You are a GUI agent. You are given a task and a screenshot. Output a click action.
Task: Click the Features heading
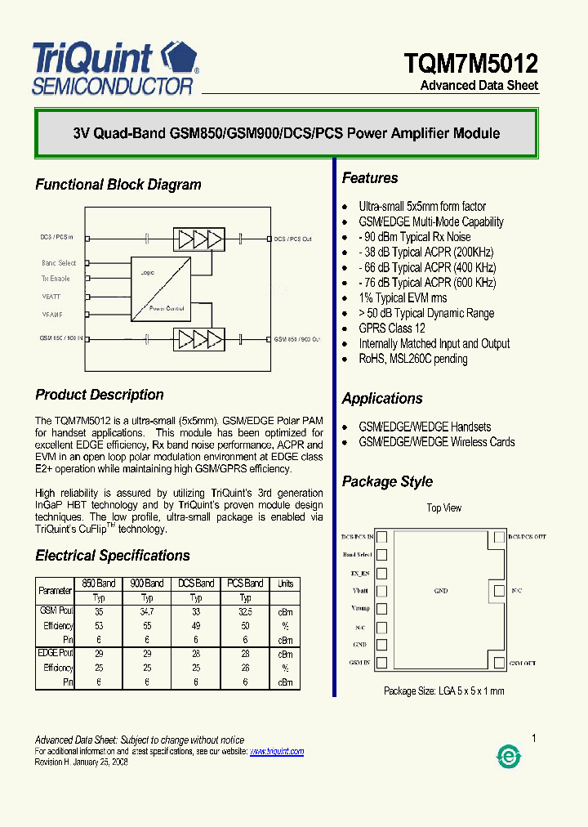(x=370, y=178)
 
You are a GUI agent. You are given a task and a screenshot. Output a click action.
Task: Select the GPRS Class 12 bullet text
(x=392, y=329)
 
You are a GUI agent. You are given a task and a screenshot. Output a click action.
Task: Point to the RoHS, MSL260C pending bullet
(x=413, y=359)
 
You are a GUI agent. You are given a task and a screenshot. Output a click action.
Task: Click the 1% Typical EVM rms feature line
(x=403, y=298)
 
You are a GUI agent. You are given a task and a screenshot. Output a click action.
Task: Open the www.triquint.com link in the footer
(x=277, y=751)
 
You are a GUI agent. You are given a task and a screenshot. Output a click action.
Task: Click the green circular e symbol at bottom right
(x=509, y=758)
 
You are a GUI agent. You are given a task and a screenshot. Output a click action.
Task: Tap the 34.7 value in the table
(x=147, y=611)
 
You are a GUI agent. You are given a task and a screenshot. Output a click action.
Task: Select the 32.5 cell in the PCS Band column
(x=245, y=611)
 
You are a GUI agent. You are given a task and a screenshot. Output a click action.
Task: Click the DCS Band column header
(x=196, y=583)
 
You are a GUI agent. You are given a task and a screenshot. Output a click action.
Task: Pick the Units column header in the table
(x=285, y=583)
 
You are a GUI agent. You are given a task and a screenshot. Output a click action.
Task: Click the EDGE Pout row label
(x=56, y=654)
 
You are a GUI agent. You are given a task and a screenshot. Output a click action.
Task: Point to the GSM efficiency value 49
(x=196, y=625)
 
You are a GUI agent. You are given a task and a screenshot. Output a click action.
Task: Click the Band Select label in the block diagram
(x=59, y=263)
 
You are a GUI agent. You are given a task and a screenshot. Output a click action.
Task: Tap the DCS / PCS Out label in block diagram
(x=293, y=239)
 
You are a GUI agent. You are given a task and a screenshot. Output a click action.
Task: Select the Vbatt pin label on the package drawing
(x=361, y=590)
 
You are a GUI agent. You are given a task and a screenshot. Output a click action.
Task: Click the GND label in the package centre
(x=440, y=590)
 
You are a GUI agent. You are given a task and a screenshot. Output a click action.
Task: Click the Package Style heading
(x=387, y=481)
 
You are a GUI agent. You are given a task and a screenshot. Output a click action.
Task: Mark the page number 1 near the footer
(x=534, y=739)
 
